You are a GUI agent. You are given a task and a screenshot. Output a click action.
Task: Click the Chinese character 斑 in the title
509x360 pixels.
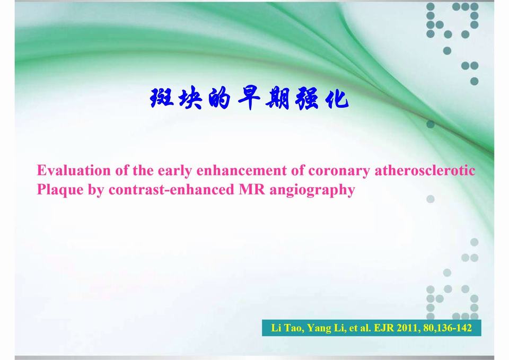point(161,99)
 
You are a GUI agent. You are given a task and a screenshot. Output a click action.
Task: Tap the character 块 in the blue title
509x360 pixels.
point(190,99)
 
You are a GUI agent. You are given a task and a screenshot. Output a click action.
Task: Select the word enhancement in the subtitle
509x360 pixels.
point(242,171)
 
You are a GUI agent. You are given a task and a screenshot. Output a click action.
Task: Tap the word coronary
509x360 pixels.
point(339,171)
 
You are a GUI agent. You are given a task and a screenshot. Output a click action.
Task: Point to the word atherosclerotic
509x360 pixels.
point(425,171)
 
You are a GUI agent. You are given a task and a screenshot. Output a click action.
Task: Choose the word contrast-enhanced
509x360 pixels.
point(171,190)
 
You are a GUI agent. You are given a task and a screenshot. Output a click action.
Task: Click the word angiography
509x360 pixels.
point(312,190)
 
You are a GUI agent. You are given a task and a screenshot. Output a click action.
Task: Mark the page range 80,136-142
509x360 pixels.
point(448,328)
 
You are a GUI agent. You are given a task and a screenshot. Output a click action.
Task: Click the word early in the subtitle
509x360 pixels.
point(174,171)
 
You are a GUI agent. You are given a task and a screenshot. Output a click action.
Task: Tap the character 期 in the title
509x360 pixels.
point(277,99)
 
